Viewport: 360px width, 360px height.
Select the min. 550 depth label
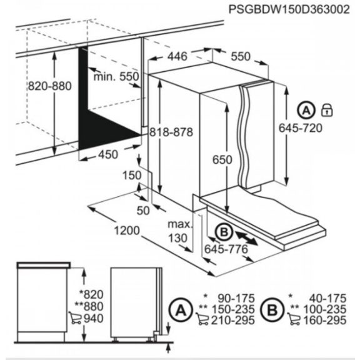coord(116,77)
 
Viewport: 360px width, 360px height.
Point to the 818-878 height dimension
coord(170,132)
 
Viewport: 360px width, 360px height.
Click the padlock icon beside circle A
coord(326,111)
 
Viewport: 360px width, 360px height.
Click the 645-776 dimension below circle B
coord(226,250)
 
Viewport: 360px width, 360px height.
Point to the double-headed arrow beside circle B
coord(247,237)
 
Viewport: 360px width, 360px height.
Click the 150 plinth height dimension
coord(132,176)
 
